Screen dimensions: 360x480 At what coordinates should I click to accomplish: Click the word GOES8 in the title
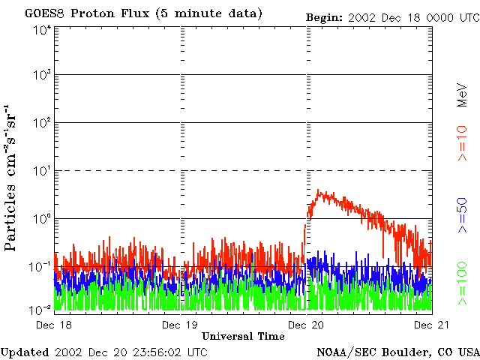(43, 13)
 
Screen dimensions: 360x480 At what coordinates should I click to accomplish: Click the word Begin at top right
(324, 16)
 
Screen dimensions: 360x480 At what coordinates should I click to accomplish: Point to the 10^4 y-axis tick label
(42, 29)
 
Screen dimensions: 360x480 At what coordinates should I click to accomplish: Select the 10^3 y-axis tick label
(42, 75)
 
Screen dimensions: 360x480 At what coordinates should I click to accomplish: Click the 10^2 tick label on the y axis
(42, 123)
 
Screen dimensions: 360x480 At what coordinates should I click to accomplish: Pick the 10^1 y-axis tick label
(42, 171)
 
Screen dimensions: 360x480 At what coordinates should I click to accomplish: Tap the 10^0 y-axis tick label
(42, 219)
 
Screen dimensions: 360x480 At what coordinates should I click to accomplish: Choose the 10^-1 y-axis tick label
(42, 266)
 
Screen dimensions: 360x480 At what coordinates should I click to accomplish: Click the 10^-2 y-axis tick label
(42, 309)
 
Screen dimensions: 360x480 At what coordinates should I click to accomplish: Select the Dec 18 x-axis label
(54, 325)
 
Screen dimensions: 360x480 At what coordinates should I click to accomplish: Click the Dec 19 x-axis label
(181, 325)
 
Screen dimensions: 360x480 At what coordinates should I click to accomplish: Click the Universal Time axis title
(243, 336)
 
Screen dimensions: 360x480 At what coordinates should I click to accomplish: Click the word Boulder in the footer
(412, 351)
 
